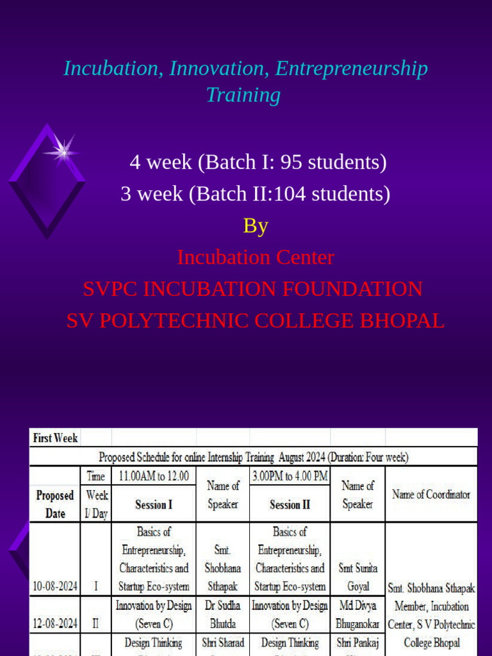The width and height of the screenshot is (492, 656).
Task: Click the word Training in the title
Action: point(243,95)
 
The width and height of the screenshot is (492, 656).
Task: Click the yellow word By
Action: point(255,225)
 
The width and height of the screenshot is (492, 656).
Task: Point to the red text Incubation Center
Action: point(256,257)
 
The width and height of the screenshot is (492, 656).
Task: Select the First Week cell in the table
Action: point(55,438)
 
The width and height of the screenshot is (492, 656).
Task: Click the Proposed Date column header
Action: point(55,504)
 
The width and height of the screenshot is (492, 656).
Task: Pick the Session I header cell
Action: point(154,505)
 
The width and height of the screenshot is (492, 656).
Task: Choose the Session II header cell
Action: point(290,505)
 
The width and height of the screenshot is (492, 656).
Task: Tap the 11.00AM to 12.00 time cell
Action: point(153,476)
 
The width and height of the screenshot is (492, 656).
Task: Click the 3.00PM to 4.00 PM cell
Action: point(290,476)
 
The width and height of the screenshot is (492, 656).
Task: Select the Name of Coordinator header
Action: point(431,495)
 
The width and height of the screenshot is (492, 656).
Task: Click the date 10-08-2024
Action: point(55,586)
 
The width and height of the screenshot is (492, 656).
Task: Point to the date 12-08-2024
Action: point(55,623)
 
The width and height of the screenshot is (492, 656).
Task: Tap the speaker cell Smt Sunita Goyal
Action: point(357,577)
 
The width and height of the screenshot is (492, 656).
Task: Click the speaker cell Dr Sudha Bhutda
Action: point(223,614)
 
